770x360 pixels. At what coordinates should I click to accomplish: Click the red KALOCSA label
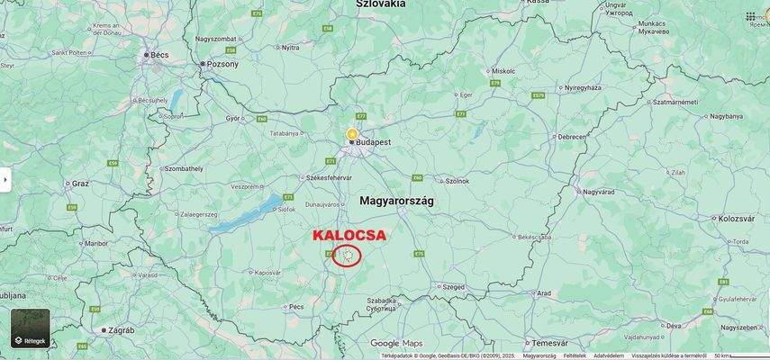pos(349,235)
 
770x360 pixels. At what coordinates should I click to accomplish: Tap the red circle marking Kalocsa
pos(347,256)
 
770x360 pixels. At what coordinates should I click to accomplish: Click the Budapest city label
pos(373,142)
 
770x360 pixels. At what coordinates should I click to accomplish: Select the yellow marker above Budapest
pos(352,133)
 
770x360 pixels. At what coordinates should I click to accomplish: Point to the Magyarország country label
pos(396,201)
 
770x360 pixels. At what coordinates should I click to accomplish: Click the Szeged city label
pos(453,287)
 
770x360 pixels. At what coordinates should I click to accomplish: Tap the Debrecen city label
pos(571,137)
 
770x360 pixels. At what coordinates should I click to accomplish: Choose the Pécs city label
pos(296,307)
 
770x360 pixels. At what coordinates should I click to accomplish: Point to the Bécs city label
pos(159,55)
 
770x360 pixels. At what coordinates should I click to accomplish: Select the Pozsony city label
pos(222,64)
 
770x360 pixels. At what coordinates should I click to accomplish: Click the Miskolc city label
pos(503,70)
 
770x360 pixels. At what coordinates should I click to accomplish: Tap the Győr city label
pos(232,118)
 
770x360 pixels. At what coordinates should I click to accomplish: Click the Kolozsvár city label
pos(736,219)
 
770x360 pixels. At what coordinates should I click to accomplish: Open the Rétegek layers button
pos(31,328)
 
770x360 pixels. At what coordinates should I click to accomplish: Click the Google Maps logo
pos(396,343)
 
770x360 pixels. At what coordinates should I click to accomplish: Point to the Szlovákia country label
pos(380,4)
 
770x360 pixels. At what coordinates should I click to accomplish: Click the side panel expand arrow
pos(5,180)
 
